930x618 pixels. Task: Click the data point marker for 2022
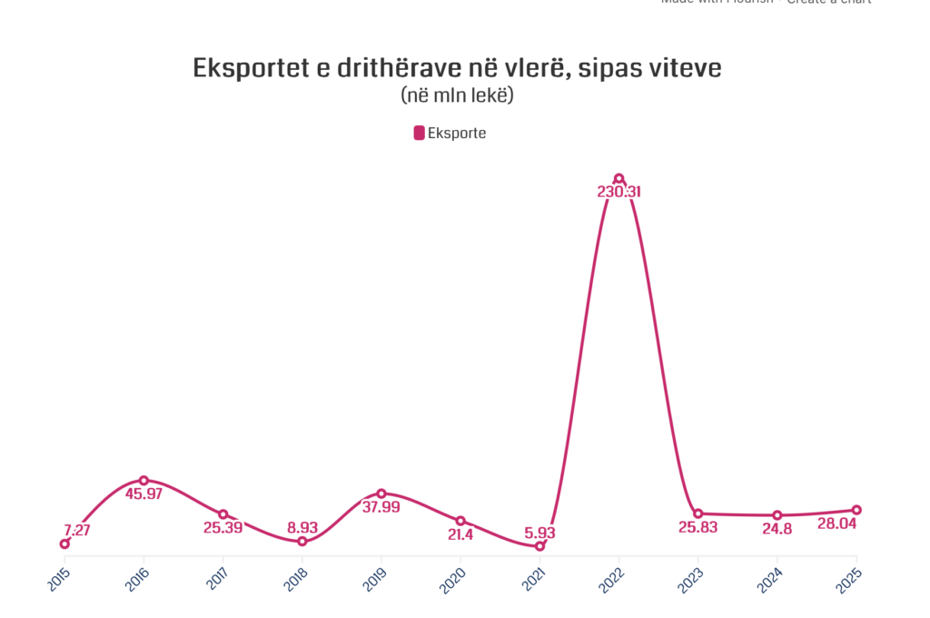coord(618,178)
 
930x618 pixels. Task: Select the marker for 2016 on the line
coord(143,480)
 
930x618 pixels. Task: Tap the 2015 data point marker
coord(64,543)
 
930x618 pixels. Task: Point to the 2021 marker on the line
coord(539,546)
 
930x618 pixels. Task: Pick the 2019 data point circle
coord(381,493)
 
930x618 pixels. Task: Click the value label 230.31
coord(618,193)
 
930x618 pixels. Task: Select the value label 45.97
coord(143,494)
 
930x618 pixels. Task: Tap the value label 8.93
coord(302,527)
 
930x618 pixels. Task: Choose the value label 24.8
coord(777,529)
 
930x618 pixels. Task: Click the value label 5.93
coord(539,533)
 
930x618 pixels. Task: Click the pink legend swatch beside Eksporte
coord(420,133)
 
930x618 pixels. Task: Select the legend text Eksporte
coord(457,133)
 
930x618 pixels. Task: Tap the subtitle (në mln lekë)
coord(457,95)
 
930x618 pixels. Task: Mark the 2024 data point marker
coord(777,515)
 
